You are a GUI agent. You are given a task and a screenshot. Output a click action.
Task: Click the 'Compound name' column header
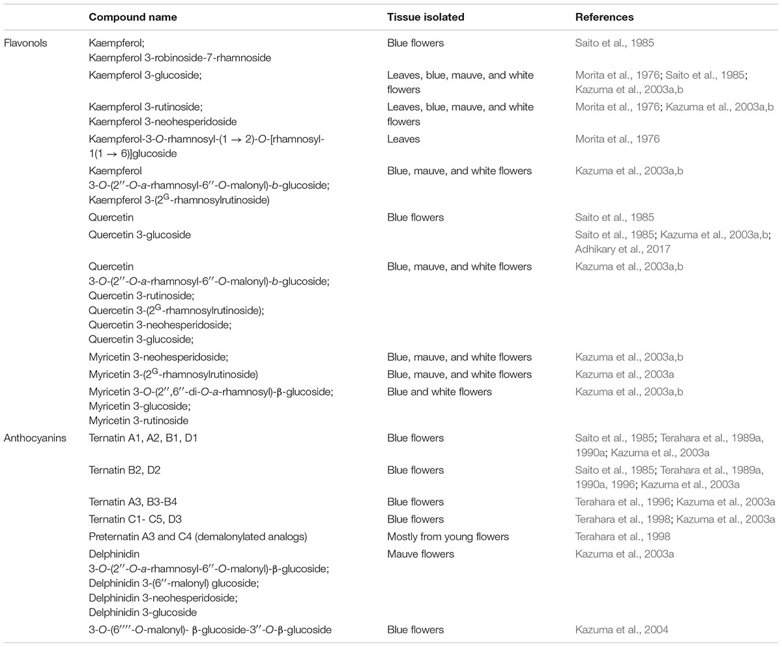point(121,18)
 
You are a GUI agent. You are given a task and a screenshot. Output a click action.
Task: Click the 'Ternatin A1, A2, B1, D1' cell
point(143,439)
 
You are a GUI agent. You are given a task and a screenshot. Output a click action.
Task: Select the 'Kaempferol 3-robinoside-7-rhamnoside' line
point(180,58)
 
